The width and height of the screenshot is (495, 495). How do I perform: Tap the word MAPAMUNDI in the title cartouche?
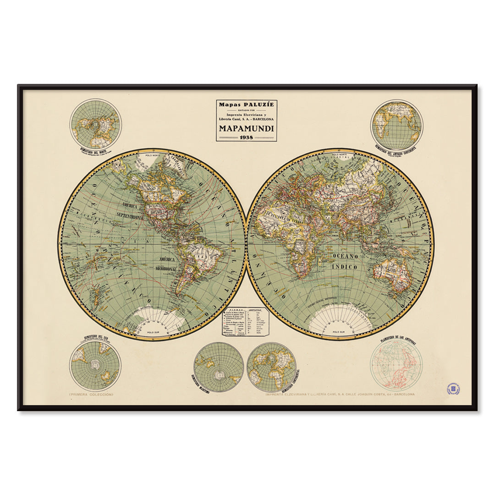247,128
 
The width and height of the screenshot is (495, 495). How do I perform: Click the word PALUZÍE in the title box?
258,104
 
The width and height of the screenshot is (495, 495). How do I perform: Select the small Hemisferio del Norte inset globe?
95,124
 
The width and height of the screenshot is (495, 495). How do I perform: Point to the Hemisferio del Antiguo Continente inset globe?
396,125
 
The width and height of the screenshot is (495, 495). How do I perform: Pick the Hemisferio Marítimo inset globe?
219,367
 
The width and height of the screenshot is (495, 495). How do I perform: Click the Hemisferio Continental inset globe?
271,367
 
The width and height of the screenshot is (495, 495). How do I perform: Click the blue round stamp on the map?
453,389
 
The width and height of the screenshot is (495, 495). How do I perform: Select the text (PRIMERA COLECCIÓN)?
91,394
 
